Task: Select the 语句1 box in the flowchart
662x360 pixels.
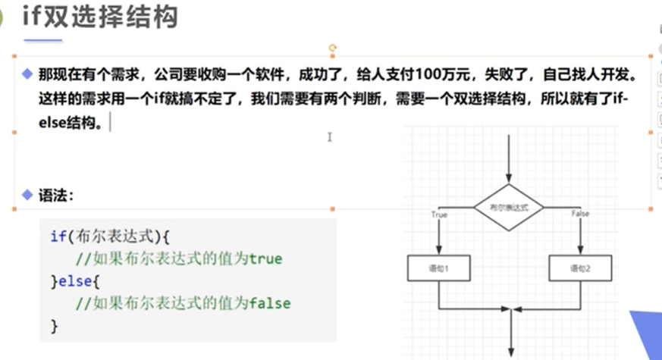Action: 439,268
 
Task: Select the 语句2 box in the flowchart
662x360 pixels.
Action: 580,268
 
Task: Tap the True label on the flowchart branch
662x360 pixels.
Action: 439,214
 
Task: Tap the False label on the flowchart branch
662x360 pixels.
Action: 580,214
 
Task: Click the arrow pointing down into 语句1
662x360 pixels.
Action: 439,243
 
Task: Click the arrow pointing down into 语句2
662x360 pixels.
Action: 580,243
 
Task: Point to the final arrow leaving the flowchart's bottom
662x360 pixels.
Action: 514,333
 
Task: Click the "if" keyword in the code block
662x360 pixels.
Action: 58,236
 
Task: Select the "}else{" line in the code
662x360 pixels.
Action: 75,281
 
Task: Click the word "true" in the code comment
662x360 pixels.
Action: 265,258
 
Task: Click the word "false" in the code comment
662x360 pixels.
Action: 269,303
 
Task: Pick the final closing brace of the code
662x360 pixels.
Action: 54,326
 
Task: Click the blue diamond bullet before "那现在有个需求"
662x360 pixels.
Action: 27,74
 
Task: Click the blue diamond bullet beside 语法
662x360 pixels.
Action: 27,195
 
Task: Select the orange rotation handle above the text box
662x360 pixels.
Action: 332,48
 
